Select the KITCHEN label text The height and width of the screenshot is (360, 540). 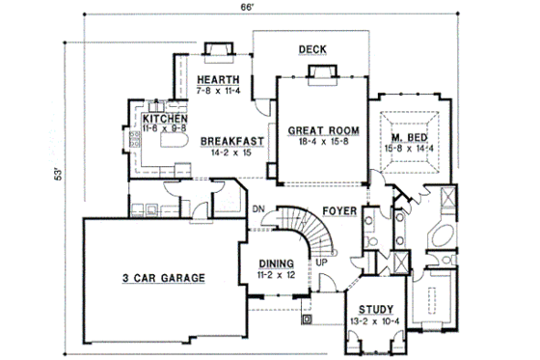click(x=159, y=118)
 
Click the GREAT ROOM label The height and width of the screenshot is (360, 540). click(x=322, y=129)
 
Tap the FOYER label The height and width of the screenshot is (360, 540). click(x=342, y=208)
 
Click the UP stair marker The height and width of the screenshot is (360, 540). click(x=319, y=263)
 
